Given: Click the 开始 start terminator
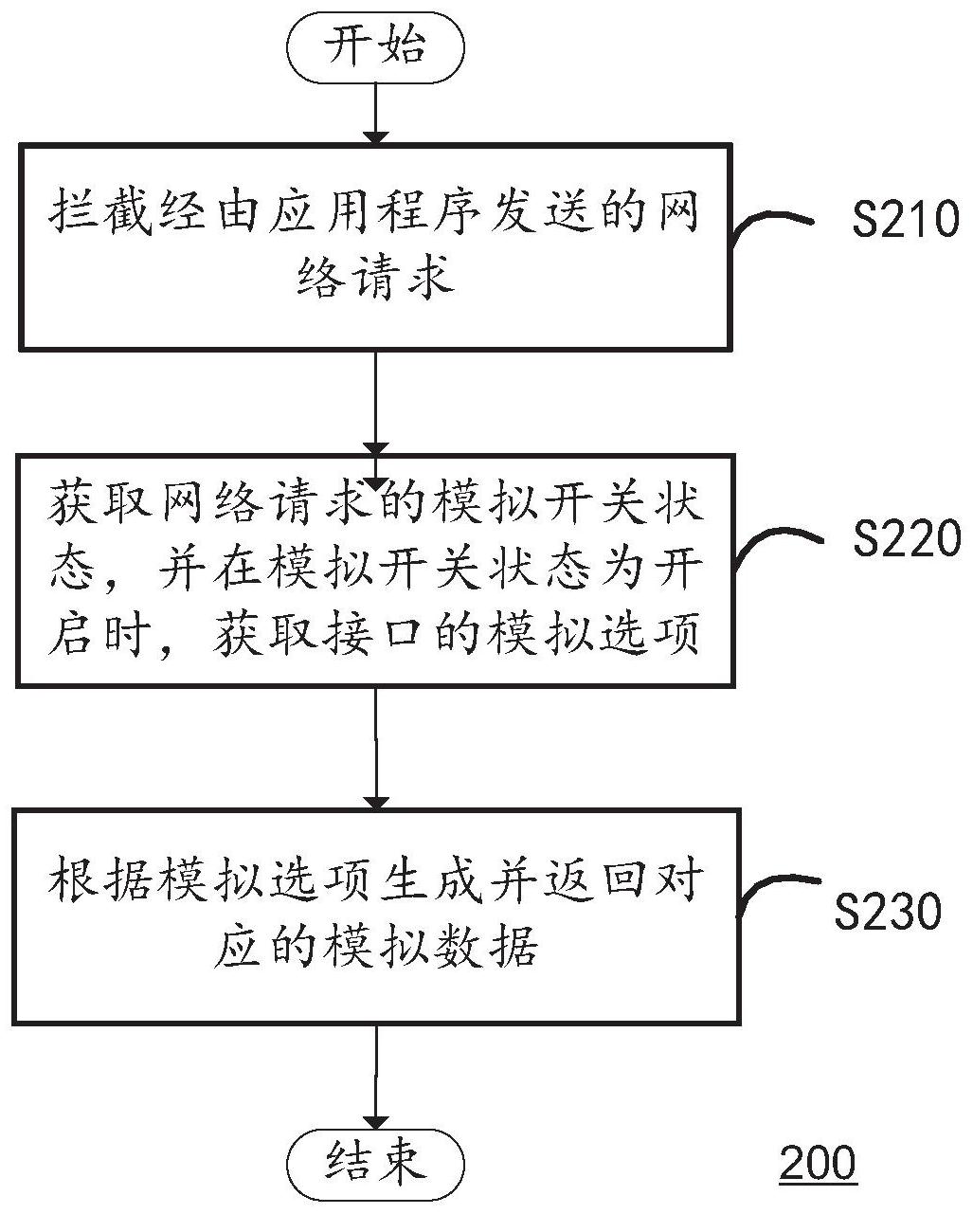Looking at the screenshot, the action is [376, 47].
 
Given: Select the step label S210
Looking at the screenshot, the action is [906, 219].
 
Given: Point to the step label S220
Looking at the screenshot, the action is [907, 538].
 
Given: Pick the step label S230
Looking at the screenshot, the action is [888, 911].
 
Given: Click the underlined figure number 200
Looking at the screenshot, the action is [818, 1162].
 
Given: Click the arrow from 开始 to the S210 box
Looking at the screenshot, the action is [376, 114].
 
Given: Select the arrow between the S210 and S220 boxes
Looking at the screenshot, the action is [376, 402].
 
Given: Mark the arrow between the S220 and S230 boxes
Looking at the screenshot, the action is [376, 749].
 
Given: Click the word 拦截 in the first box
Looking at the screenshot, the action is [100, 212].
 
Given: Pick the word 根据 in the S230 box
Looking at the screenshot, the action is [99, 879].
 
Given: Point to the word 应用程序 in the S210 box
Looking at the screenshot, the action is [375, 212].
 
